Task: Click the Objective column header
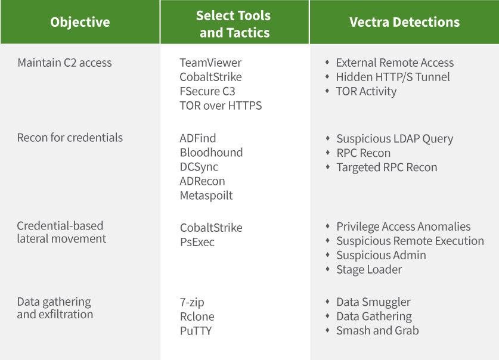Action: (x=80, y=23)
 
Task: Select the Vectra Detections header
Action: (x=404, y=23)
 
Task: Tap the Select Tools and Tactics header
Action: (x=233, y=24)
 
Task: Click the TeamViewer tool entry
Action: (x=210, y=63)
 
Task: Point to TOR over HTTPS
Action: (x=221, y=105)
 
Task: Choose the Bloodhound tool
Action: (x=211, y=153)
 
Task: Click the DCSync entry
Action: (x=199, y=167)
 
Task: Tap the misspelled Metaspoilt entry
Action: (x=206, y=195)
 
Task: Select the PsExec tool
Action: (x=197, y=243)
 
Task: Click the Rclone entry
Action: (x=197, y=316)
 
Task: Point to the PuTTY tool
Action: (x=196, y=331)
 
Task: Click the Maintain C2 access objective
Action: (x=64, y=63)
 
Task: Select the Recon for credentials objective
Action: (x=70, y=138)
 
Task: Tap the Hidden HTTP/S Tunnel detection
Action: (x=393, y=77)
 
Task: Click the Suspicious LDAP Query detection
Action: (x=395, y=139)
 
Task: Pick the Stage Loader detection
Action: (x=369, y=269)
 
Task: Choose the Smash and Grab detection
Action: (x=377, y=331)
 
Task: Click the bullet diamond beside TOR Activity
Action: (x=327, y=91)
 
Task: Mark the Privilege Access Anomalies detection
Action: (x=403, y=227)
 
